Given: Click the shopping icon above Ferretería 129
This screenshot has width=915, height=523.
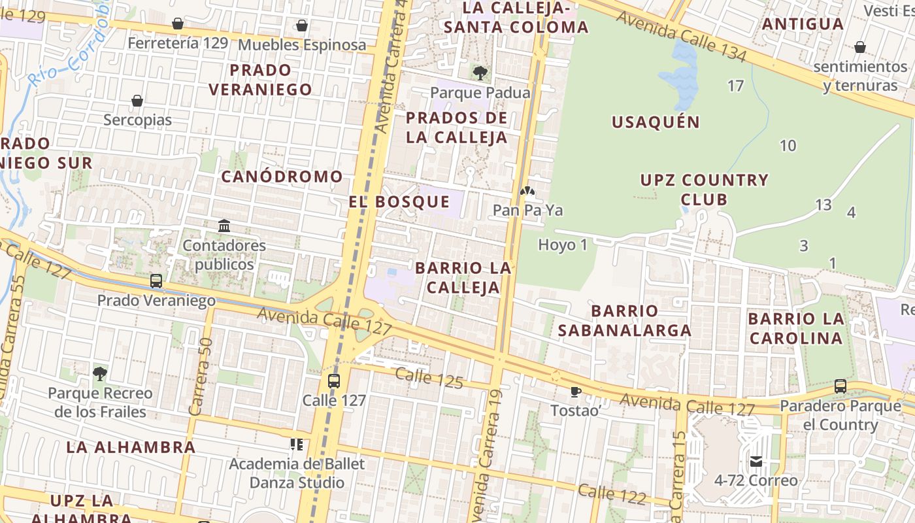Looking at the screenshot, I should (177, 24).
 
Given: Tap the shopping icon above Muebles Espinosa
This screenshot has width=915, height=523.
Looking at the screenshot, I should (301, 25).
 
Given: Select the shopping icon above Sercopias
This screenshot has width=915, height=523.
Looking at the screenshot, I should (137, 101).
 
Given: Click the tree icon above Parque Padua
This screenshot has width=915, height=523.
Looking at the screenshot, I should (480, 72).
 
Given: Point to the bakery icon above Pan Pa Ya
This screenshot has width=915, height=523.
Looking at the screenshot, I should (527, 192).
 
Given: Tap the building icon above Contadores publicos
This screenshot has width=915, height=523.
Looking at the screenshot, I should (224, 226).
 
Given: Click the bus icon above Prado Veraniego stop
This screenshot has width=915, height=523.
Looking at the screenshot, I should (156, 281).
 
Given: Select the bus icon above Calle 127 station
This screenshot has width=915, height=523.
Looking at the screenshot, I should (334, 380).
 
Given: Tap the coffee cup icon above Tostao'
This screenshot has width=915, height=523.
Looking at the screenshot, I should (575, 392).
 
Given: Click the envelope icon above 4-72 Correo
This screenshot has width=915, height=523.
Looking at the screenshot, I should (756, 462).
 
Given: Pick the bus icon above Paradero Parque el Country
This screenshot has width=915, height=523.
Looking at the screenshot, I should (840, 386).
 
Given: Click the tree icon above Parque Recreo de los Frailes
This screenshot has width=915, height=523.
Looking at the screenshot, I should (100, 374).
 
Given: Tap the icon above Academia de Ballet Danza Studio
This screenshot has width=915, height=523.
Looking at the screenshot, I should (297, 445).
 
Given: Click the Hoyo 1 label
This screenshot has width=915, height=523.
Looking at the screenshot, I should (563, 245).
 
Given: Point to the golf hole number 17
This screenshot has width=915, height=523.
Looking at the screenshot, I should (735, 86).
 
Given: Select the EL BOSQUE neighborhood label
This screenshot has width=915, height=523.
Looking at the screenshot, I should (399, 202).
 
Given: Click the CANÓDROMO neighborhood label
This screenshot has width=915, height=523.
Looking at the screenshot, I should (282, 177).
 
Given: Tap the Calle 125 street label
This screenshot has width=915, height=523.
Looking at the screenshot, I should (429, 377).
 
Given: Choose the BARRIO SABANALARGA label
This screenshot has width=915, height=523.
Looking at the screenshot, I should (624, 320).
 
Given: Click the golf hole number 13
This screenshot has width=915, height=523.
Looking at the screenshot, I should (823, 205).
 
